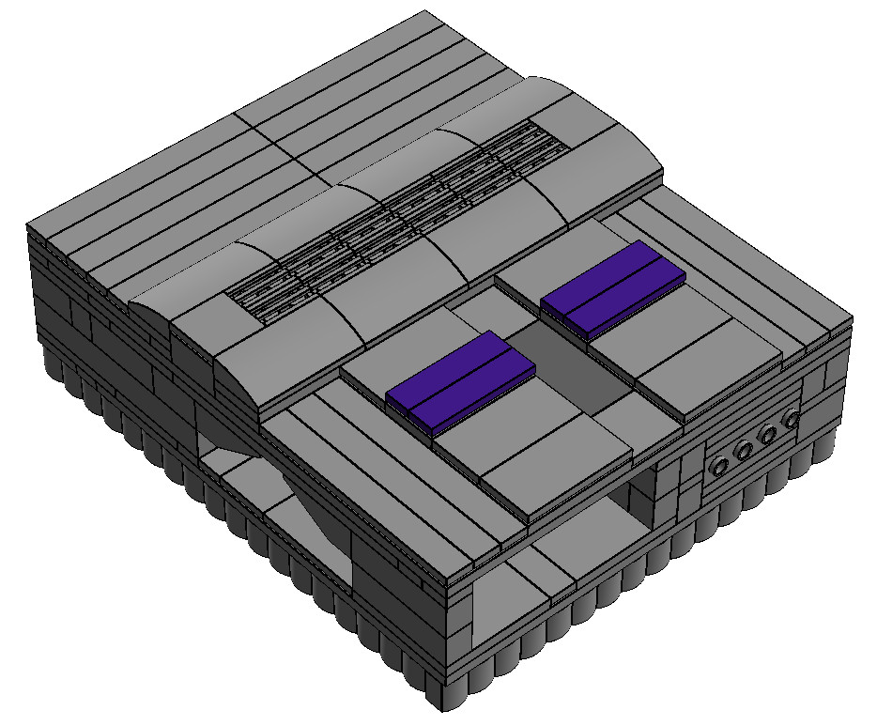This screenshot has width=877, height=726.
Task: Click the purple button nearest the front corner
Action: (460, 380)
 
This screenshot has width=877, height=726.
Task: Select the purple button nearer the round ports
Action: (613, 288)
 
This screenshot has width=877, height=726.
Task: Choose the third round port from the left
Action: (769, 435)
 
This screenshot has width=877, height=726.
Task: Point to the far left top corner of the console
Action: (29, 226)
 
